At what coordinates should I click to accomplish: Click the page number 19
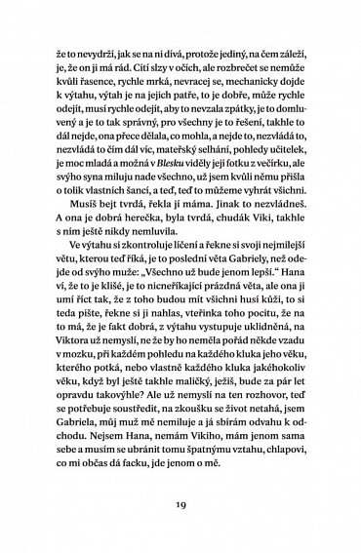coord(181,506)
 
